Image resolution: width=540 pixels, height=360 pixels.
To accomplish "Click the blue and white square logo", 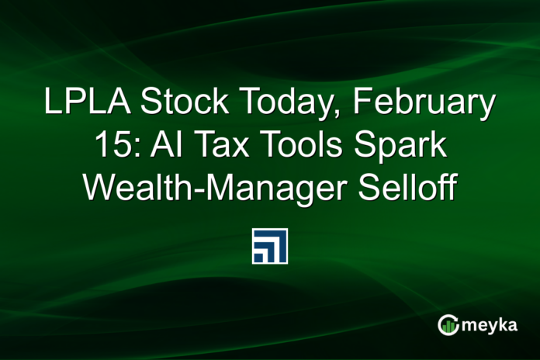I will [x=269, y=246].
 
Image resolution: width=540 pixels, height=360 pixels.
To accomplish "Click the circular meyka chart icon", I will [x=448, y=325].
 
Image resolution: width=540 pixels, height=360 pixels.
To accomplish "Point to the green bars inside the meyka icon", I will [x=448, y=327].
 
